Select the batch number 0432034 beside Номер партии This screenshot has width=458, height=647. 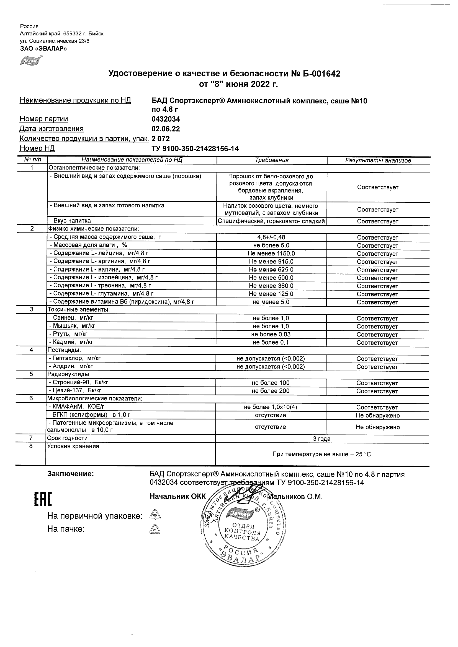(x=166, y=119)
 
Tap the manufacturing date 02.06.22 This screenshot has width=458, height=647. (x=166, y=129)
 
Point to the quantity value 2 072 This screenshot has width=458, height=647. (x=161, y=139)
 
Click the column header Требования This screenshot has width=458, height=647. (x=272, y=160)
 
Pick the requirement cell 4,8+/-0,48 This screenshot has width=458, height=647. (x=271, y=238)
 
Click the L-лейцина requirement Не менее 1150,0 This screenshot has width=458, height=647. (x=271, y=254)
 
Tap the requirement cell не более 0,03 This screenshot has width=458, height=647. (x=271, y=335)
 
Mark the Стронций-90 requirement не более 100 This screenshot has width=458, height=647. (x=271, y=383)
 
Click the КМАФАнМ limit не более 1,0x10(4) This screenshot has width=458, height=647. (x=271, y=407)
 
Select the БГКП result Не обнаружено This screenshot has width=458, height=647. (x=378, y=415)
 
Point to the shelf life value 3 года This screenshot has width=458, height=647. (x=322, y=439)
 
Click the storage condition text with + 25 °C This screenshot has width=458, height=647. (x=322, y=454)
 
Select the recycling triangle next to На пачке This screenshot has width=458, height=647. (x=155, y=529)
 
